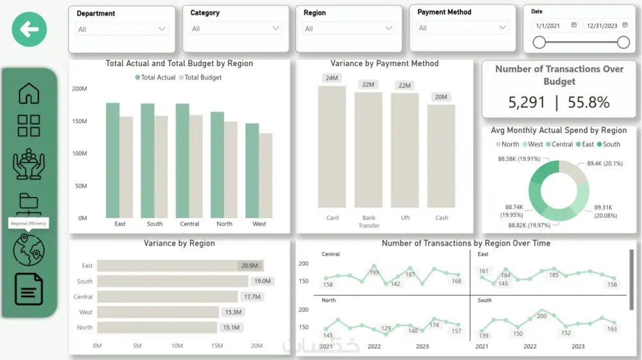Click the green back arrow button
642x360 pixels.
pyautogui.click(x=30, y=29)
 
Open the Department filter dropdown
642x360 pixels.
pyautogui.click(x=122, y=29)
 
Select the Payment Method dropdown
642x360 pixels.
pyautogui.click(x=462, y=28)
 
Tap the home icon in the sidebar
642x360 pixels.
pyautogui.click(x=29, y=94)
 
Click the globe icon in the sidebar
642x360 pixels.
pyautogui.click(x=29, y=250)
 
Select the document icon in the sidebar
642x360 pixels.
pyautogui.click(x=29, y=289)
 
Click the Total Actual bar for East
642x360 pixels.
pyautogui.click(x=113, y=160)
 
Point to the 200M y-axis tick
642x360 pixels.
pyautogui.click(x=79, y=89)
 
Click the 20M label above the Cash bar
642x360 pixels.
pyautogui.click(x=441, y=97)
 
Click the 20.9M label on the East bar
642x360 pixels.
pyautogui.click(x=249, y=266)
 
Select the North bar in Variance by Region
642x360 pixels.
pyautogui.click(x=157, y=327)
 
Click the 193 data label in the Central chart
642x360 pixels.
pyautogui.click(x=374, y=273)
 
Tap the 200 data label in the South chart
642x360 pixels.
pyautogui.click(x=542, y=316)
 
